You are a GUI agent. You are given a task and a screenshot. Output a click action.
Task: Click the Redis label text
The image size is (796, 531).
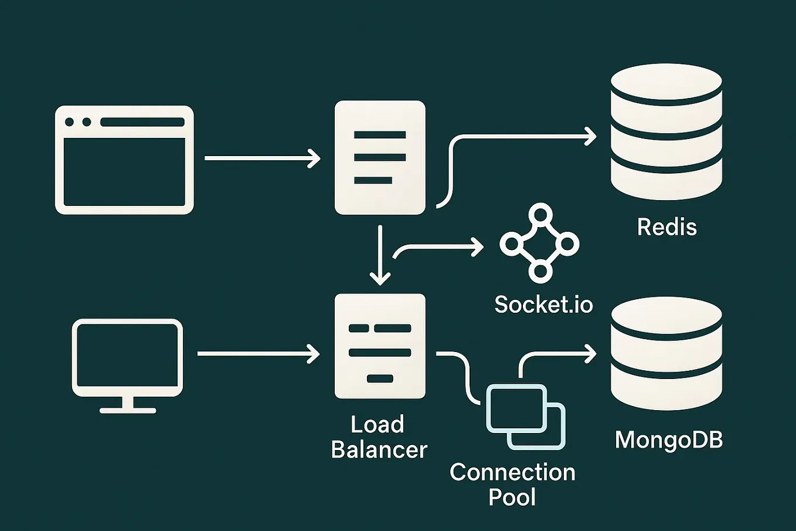click(666, 227)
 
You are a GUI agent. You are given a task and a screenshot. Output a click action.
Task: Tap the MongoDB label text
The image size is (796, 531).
click(668, 439)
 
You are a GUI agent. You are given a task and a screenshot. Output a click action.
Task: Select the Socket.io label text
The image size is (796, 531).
click(543, 305)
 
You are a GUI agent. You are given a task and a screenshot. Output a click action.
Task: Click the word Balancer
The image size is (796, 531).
click(379, 450)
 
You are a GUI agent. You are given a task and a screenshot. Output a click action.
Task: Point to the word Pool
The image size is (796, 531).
click(512, 497)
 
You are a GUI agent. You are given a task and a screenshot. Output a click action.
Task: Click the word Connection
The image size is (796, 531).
click(512, 472)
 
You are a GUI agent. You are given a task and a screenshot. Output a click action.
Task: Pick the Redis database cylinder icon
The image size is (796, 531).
click(666, 133)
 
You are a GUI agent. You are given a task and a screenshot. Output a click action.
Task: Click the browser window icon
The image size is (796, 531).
click(124, 160)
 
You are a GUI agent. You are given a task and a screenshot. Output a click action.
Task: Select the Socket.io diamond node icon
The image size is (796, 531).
click(539, 243)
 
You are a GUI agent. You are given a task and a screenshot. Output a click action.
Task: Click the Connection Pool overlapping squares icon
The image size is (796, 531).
click(526, 417)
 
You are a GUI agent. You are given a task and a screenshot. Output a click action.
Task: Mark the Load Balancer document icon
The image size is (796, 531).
click(380, 346)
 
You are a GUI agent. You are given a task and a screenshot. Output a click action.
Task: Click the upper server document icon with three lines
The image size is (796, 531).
click(380, 157)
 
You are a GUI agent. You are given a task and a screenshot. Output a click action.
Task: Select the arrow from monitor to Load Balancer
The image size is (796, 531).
click(258, 354)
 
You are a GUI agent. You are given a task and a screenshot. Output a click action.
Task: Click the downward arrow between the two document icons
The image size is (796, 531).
click(380, 255)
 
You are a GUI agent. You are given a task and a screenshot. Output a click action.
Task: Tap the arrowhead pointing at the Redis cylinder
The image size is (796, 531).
click(590, 137)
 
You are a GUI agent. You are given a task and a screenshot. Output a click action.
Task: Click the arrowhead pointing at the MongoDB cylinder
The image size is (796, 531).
click(590, 353)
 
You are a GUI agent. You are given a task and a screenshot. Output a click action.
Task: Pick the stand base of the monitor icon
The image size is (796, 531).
click(127, 410)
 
